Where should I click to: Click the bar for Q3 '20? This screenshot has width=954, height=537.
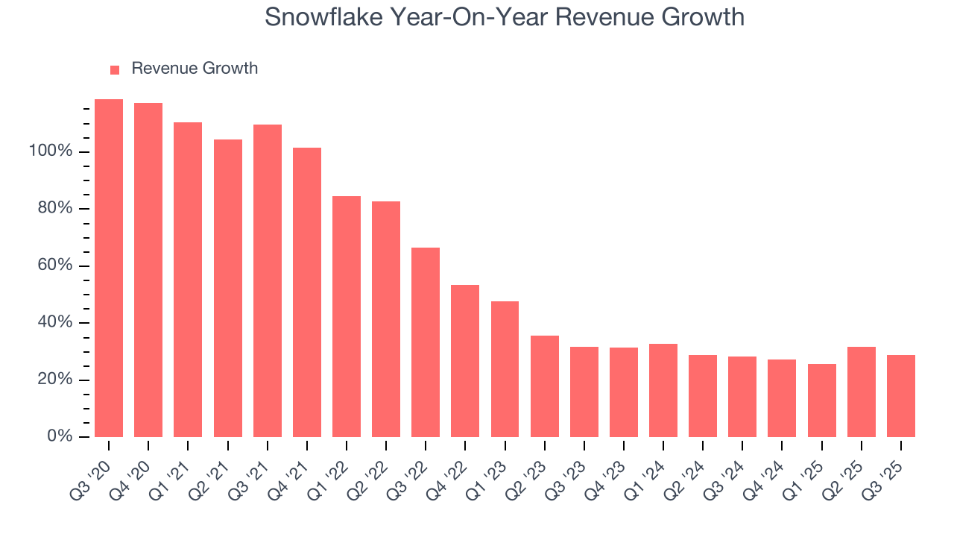coord(109,268)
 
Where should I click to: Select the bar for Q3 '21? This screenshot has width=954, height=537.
coord(268,280)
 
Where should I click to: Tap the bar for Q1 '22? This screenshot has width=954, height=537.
coord(347,316)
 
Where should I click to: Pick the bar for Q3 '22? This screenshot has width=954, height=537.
coord(426,342)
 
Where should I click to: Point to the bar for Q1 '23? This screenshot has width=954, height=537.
coord(505,369)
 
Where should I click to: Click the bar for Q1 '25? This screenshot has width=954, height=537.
coord(821,401)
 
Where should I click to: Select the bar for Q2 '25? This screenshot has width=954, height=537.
coord(862,392)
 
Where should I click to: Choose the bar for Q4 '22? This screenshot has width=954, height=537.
coord(465,361)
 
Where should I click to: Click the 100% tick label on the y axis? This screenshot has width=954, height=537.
coord(51,151)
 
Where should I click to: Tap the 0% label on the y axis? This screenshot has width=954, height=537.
coord(59,436)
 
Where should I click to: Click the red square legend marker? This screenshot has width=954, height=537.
coord(115,70)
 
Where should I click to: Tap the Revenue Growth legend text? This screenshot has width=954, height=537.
coord(195,69)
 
